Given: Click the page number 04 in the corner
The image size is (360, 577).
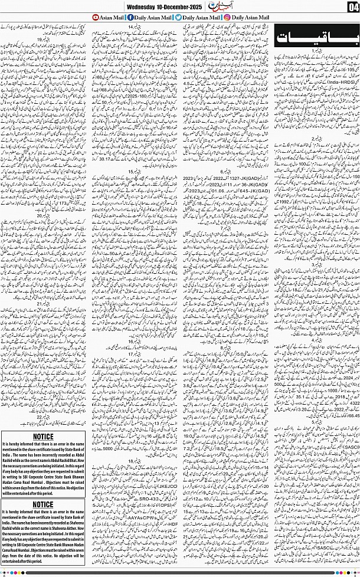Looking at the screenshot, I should [x=353, y=7].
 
